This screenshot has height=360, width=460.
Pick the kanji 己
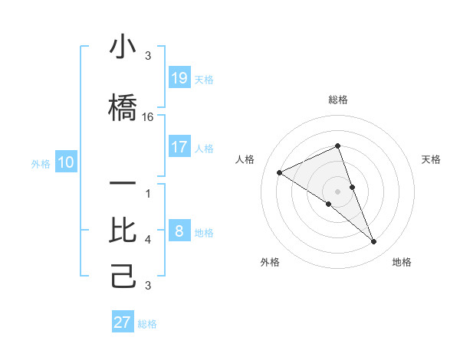click(123, 274)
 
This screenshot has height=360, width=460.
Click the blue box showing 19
click(179, 78)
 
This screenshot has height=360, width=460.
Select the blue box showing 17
click(179, 147)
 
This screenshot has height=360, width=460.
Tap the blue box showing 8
click(179, 231)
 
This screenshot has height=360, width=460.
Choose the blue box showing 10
click(66, 162)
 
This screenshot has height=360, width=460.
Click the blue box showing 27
click(123, 322)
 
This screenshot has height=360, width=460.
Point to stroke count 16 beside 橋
click(148, 117)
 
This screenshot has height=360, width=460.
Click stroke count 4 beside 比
click(148, 240)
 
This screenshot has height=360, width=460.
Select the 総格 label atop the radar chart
click(338, 100)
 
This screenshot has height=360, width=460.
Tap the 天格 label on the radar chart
click(431, 159)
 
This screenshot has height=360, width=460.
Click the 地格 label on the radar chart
click(402, 262)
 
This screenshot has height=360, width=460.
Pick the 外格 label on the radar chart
click(270, 262)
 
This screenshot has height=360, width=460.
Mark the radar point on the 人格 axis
click(279, 172)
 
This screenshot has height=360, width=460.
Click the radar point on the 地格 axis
click(374, 242)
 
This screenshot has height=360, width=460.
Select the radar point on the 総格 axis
click(338, 146)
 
